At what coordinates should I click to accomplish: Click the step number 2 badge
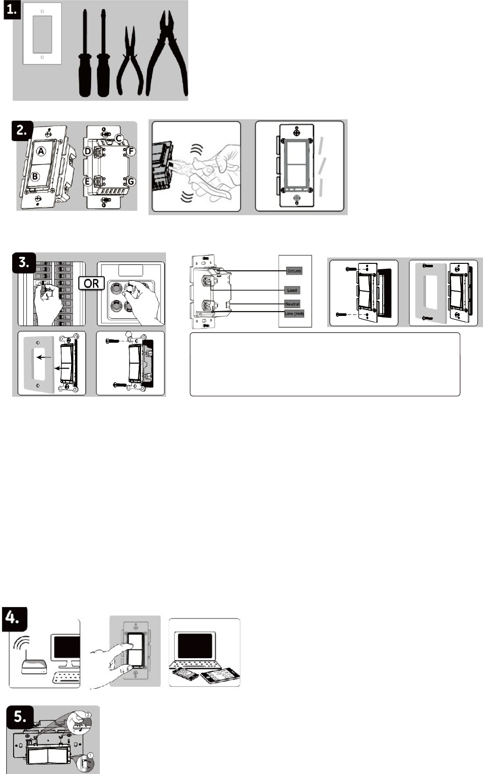click(x=22, y=129)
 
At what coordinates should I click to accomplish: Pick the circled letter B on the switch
click(x=36, y=177)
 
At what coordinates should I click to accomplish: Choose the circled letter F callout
click(x=131, y=151)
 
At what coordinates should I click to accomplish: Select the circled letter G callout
click(x=131, y=182)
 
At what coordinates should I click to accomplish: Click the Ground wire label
click(x=294, y=271)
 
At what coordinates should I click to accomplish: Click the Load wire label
click(x=292, y=290)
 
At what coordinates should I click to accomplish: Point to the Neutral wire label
click(x=292, y=304)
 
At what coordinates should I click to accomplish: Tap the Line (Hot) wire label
click(x=294, y=313)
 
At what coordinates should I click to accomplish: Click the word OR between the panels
click(x=91, y=283)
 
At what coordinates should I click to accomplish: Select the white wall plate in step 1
click(x=42, y=34)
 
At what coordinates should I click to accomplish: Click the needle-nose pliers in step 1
click(x=130, y=63)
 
